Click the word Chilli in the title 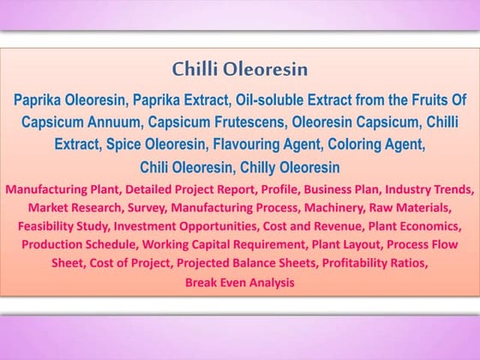pyautogui.click(x=195, y=69)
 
